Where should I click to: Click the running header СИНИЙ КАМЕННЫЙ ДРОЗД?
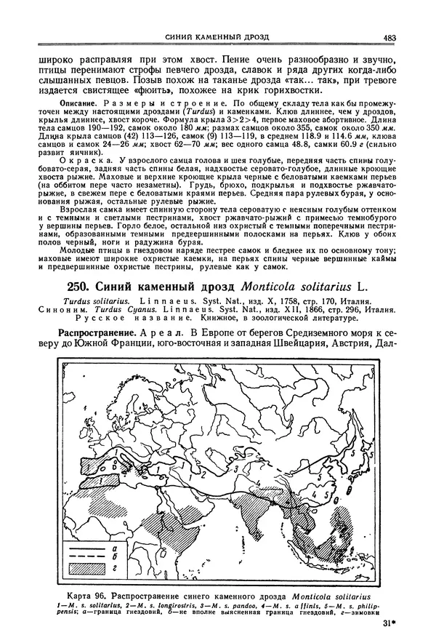[x=217, y=37]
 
